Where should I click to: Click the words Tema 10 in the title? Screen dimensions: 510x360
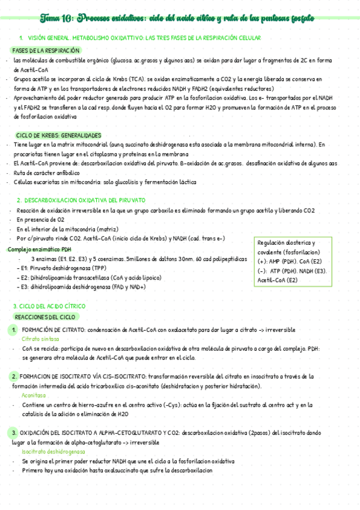pos(58,19)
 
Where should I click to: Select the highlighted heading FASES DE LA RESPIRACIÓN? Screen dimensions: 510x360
pos(46,51)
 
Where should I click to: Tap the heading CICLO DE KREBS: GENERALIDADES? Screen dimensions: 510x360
pos(59,135)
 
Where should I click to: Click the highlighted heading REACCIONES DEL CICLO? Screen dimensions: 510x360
pos(46,317)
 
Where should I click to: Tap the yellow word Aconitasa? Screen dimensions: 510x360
pos(34,396)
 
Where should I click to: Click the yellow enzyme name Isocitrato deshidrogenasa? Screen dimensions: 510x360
pos(53,452)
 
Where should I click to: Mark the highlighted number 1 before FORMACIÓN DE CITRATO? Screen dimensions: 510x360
pos(14,330)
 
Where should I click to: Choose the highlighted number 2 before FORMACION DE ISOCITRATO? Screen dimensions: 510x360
pos(14,376)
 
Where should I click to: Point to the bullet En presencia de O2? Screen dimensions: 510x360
pos(42,220)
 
